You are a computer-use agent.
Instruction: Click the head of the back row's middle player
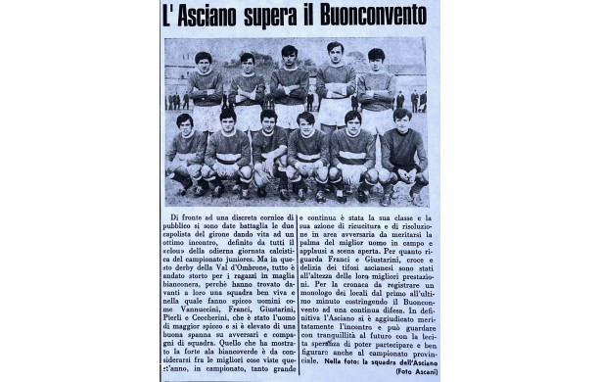click(290, 55)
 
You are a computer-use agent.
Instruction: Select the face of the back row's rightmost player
click(376, 60)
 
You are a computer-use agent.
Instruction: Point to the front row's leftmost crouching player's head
click(184, 122)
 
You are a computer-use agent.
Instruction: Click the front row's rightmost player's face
click(400, 119)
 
